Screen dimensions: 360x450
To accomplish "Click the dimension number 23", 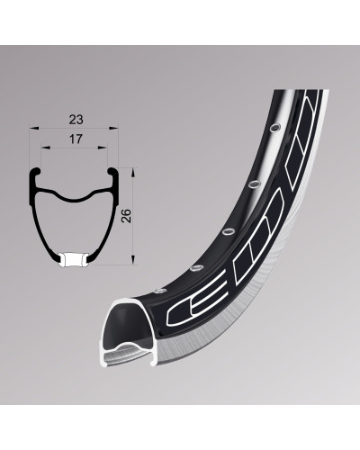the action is click(x=76, y=120).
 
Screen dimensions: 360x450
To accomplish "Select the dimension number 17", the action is click(x=76, y=139).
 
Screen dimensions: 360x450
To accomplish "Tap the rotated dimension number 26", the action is click(x=127, y=215).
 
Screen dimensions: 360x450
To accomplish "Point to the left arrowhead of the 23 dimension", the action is click(x=34, y=129).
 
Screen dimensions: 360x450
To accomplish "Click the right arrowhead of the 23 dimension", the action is click(x=113, y=129).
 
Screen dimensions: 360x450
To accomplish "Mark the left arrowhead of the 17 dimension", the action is click(x=45, y=148).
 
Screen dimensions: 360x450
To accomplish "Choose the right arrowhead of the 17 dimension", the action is click(x=103, y=148).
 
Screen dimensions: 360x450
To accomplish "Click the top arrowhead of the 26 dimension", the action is click(x=133, y=173).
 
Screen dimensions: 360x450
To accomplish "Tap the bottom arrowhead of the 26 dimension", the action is click(x=133, y=260).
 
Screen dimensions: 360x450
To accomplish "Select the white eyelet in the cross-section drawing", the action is click(x=74, y=260).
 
